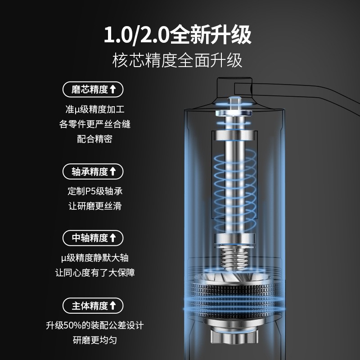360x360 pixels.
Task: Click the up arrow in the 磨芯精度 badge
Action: (113, 89)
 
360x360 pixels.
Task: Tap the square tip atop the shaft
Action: (234, 103)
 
